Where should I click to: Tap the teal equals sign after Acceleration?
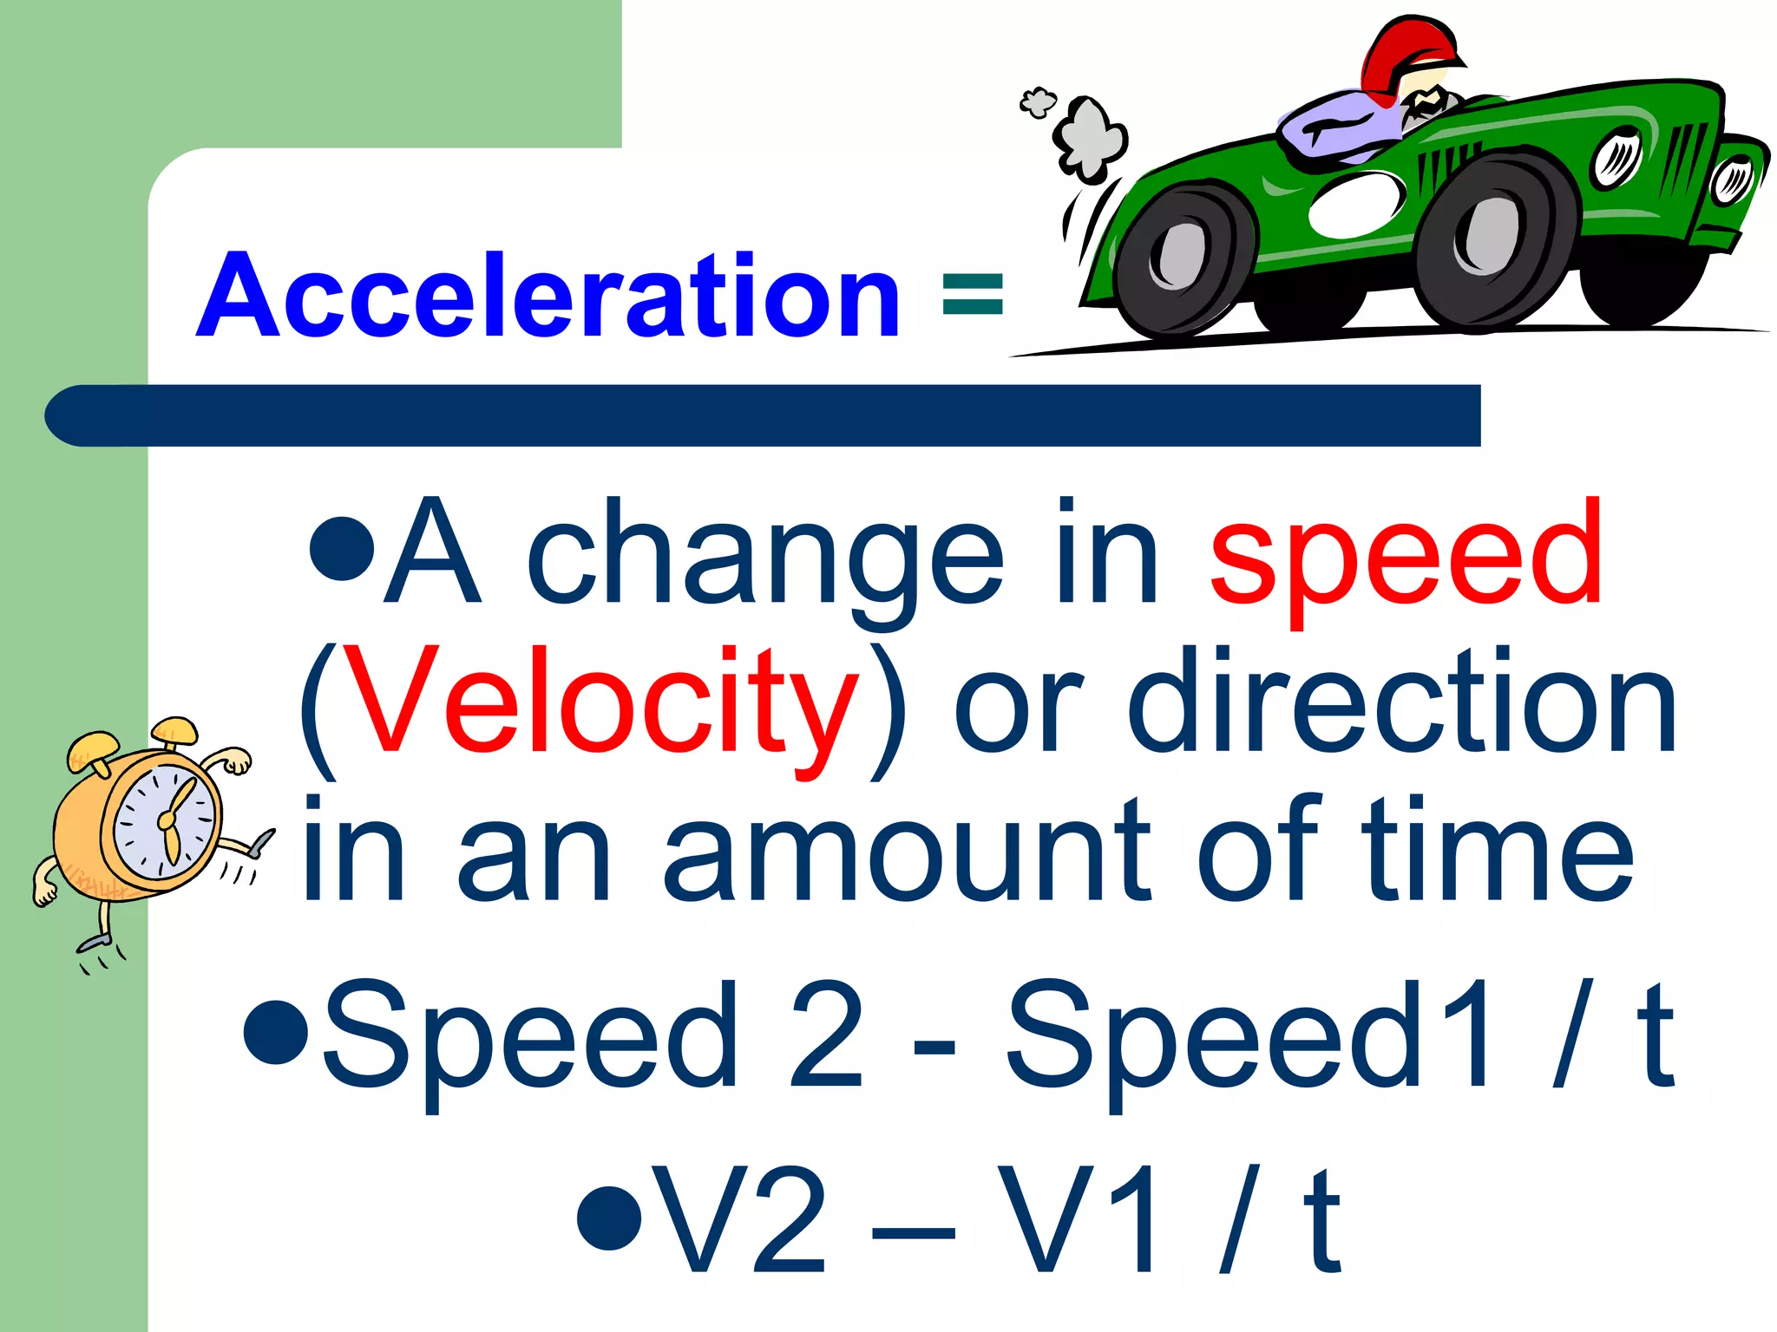pos(972,294)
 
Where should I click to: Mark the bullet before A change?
pos(342,548)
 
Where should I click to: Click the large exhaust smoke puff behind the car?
pos(1090,139)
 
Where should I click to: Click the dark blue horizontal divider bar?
pos(764,415)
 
